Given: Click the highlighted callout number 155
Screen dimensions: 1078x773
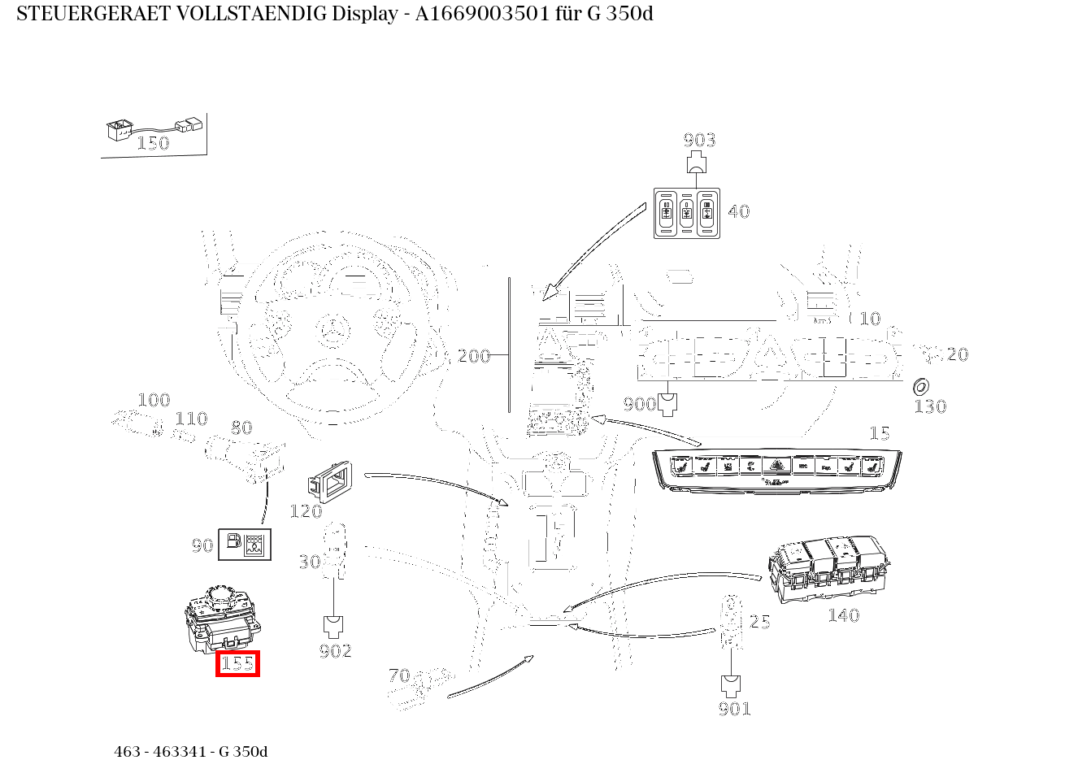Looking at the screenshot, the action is [237, 664].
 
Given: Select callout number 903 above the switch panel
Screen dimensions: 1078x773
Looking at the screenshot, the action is [699, 140].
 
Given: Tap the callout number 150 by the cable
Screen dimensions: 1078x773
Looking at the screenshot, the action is [153, 143].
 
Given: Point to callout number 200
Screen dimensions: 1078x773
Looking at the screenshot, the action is [473, 356].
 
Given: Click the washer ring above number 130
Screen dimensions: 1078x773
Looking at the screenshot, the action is [920, 387].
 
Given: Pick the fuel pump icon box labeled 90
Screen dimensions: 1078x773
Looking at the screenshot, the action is [245, 545].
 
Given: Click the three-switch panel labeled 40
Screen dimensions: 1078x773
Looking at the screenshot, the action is [687, 213].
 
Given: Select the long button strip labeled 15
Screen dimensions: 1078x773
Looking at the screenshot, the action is [776, 471].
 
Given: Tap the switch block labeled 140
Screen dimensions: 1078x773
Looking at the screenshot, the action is [828, 570].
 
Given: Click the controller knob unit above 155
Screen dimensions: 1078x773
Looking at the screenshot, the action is [223, 619].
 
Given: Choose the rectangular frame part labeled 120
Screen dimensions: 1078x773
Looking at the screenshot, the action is [330, 482].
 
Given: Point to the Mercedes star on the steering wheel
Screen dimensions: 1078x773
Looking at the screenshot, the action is [333, 331].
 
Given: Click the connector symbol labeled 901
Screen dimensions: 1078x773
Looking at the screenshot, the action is [731, 686].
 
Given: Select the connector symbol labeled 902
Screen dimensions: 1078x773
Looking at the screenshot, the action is [333, 627].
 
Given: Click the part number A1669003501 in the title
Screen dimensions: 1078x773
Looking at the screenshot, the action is [482, 14].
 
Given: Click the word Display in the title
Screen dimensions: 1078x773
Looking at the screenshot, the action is [365, 15].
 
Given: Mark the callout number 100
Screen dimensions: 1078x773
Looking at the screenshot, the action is [154, 400].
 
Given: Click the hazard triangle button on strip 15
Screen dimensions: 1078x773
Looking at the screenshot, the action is [776, 465].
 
